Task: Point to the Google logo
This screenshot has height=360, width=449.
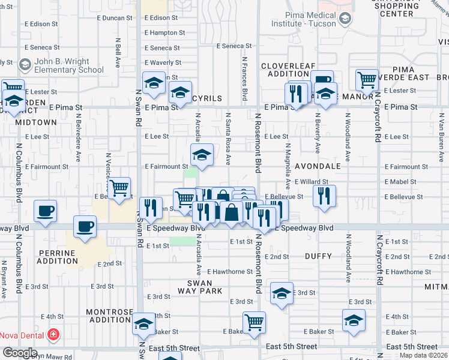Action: tap(20, 353)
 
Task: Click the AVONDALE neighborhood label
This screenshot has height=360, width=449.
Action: tap(318, 166)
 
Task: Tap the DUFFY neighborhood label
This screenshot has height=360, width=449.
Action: tap(318, 256)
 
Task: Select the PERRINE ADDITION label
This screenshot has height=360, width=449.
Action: tap(57, 257)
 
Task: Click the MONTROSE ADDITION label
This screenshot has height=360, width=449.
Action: tap(109, 316)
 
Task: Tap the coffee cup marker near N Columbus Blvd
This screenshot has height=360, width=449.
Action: tap(45, 211)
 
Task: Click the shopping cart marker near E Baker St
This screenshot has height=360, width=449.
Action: tap(254, 322)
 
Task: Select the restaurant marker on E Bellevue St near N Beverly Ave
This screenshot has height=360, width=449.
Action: tap(324, 196)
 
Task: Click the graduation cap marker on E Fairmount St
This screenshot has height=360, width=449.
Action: tap(202, 155)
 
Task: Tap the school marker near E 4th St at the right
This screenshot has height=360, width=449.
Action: tap(354, 320)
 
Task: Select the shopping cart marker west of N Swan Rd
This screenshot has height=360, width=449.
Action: tap(119, 188)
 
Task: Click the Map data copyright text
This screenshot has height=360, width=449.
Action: tap(423, 355)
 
